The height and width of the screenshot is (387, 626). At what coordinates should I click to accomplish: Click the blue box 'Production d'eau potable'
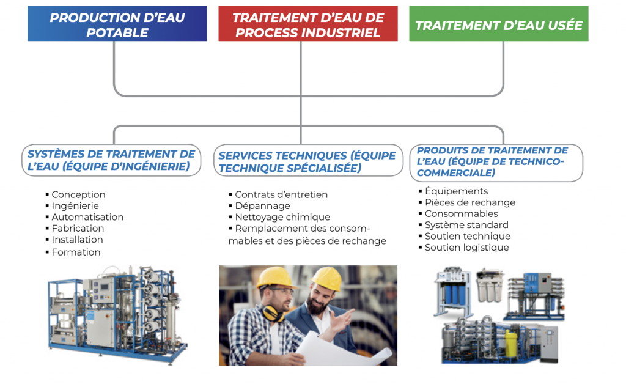(117, 23)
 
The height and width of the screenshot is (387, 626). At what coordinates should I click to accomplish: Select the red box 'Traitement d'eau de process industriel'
(308, 23)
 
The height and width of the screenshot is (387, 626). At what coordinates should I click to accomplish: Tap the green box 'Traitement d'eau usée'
(499, 23)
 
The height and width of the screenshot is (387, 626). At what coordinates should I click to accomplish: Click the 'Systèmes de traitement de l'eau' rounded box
(111, 160)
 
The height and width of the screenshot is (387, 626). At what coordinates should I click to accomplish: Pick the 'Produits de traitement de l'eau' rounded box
(496, 163)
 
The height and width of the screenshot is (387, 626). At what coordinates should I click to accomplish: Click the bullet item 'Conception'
(75, 194)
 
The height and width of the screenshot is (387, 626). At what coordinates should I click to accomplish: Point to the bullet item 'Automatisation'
(84, 217)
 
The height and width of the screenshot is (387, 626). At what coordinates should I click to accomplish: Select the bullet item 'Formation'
(73, 252)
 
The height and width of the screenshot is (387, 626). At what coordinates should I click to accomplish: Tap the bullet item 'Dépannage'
(259, 205)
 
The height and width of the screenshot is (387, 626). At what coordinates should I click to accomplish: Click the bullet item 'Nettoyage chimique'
(279, 217)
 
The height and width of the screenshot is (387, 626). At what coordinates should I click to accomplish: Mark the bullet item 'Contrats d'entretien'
(278, 194)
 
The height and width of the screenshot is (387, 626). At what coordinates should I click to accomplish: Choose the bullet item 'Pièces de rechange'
(467, 202)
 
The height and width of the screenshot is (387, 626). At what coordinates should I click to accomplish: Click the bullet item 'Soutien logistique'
(464, 247)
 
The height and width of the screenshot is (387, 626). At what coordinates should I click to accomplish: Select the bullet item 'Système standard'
(463, 225)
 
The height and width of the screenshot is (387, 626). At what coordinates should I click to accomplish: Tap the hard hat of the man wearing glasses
(276, 276)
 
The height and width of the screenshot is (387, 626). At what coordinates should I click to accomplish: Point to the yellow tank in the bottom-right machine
(512, 342)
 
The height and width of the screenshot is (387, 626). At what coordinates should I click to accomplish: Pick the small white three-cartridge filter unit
(490, 286)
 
